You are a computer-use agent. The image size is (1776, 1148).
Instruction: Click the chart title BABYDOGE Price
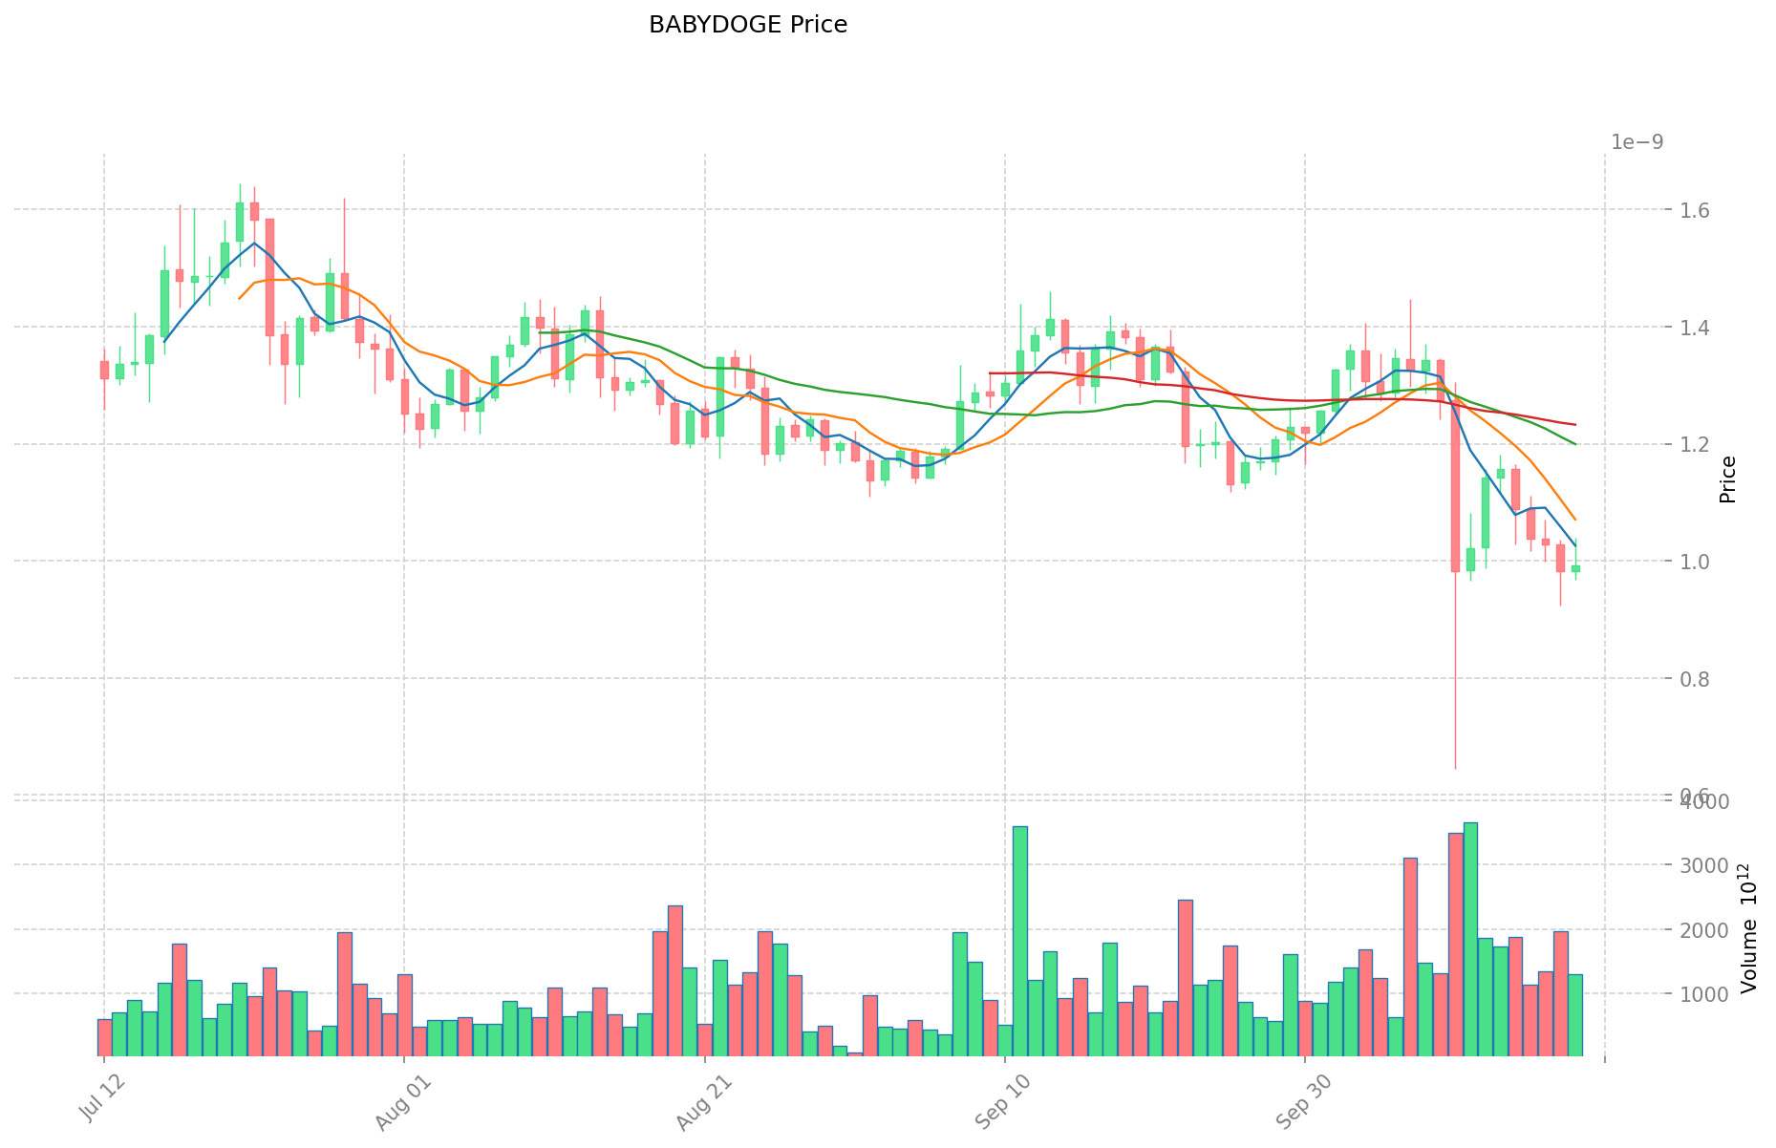coord(747,25)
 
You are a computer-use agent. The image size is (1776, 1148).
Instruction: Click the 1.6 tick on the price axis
coord(1639,210)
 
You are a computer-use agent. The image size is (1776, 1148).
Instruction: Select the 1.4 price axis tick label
coord(1639,328)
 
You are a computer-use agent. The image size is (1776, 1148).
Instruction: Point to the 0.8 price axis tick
coord(1639,679)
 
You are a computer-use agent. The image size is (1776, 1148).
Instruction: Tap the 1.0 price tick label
coord(1639,562)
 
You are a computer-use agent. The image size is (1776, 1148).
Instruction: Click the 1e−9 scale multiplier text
coord(1637,142)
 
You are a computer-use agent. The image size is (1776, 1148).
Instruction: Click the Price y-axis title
coord(1727,479)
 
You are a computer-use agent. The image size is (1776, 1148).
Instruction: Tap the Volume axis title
coord(1748,928)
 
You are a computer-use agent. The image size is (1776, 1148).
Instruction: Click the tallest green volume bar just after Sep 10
coord(1019,941)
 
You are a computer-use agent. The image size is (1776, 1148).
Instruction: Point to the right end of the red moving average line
coord(1575,424)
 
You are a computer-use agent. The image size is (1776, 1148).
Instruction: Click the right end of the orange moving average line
coord(1575,520)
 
